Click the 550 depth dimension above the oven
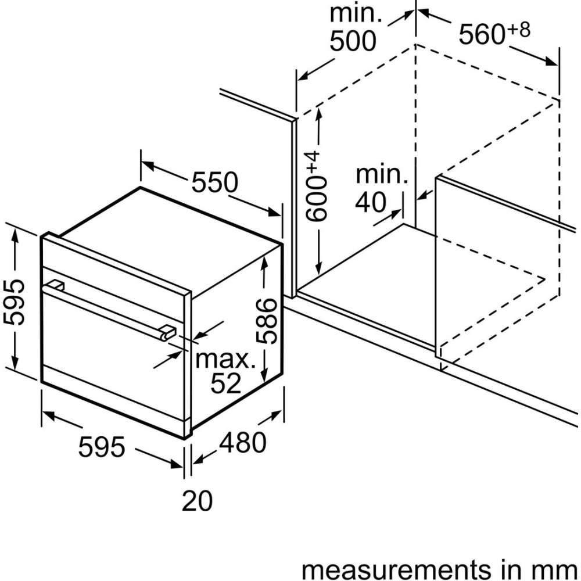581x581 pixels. point(216,183)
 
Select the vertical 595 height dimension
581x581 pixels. point(13,302)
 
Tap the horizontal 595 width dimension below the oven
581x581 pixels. point(102,447)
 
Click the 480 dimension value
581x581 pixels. point(242,443)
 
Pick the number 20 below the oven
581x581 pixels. point(198,501)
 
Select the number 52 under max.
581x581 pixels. point(225,383)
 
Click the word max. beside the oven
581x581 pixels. point(225,360)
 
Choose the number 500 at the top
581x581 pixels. point(353,41)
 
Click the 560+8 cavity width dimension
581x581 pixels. point(494,34)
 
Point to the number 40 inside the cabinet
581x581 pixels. point(370,202)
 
